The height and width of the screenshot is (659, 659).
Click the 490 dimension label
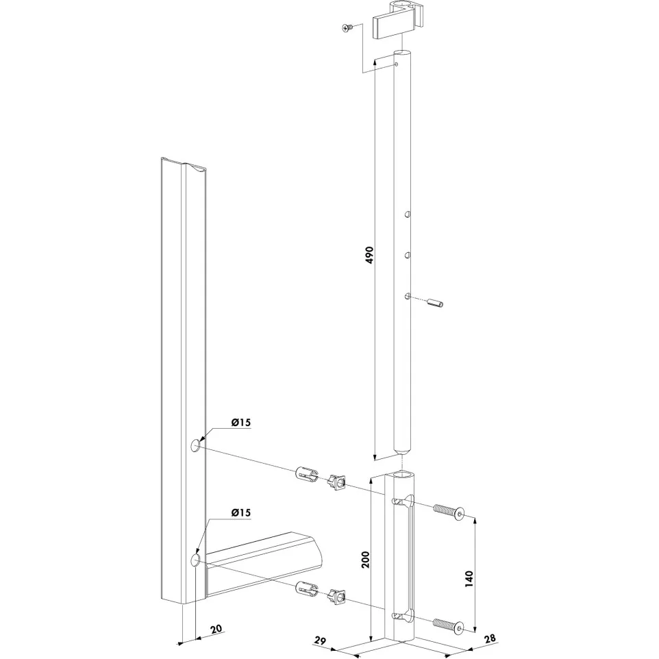[369, 255]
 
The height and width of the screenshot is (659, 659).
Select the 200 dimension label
[365, 560]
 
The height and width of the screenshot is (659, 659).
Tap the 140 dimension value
[469, 579]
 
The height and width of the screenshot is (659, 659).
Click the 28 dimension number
[490, 638]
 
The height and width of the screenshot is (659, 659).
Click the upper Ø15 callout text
[240, 423]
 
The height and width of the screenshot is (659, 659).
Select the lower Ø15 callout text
[240, 512]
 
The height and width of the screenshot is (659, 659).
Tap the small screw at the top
[347, 28]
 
